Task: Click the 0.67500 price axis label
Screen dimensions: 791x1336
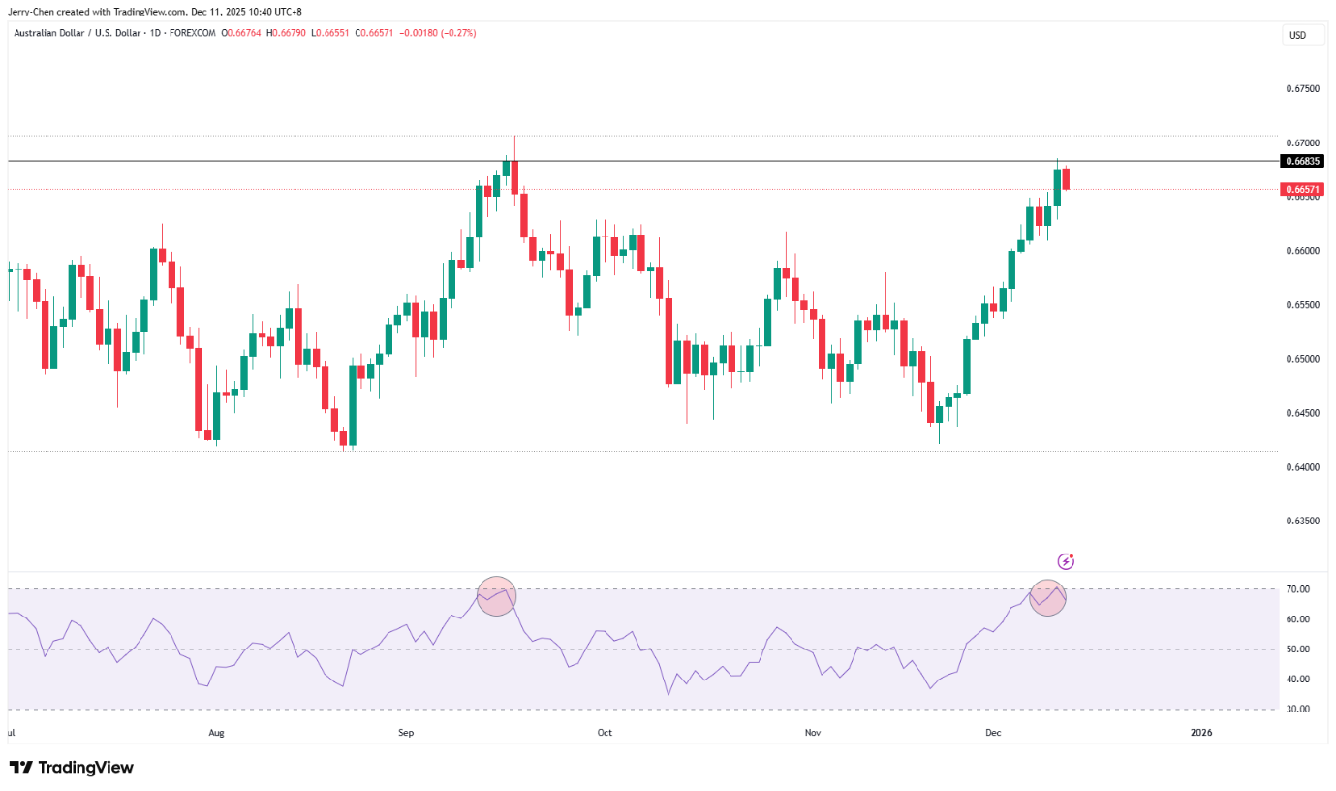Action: pyautogui.click(x=1302, y=88)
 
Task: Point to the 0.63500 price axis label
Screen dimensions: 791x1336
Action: pyautogui.click(x=1302, y=521)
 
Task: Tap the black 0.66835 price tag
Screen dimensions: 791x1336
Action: pyautogui.click(x=1301, y=161)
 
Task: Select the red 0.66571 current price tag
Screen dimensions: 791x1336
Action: pyautogui.click(x=1301, y=189)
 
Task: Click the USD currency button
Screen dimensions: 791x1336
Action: pyautogui.click(x=1297, y=35)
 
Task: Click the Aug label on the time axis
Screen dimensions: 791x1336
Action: pyautogui.click(x=216, y=733)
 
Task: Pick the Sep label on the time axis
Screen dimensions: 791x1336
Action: pyautogui.click(x=406, y=733)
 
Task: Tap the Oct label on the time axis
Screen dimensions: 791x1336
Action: pyautogui.click(x=605, y=733)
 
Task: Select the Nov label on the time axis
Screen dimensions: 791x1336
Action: pyautogui.click(x=813, y=733)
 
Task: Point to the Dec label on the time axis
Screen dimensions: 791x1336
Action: pyautogui.click(x=993, y=733)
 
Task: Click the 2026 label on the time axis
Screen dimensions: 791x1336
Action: pyautogui.click(x=1201, y=733)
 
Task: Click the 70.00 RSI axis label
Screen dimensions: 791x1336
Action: pyautogui.click(x=1297, y=589)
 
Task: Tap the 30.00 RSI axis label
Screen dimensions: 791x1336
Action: pyautogui.click(x=1297, y=709)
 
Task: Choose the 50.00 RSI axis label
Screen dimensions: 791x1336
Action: pyautogui.click(x=1297, y=649)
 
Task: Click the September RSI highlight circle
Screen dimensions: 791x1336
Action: pyautogui.click(x=496, y=596)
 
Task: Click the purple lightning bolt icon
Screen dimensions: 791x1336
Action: pyautogui.click(x=1066, y=561)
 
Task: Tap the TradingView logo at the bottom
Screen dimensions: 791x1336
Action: pyautogui.click(x=72, y=768)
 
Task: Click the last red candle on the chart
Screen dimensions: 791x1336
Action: pyautogui.click(x=1066, y=178)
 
